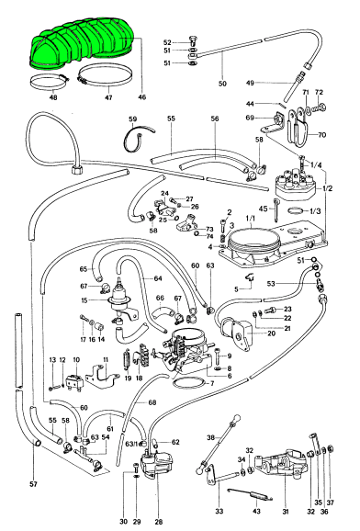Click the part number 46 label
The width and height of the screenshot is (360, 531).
pos(142,97)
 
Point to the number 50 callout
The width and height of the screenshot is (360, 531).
pos(222,84)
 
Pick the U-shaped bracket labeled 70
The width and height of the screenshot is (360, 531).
pos(299,126)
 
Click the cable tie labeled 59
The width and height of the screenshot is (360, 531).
pos(137,139)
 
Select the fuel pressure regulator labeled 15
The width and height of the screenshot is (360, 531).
pos(121,298)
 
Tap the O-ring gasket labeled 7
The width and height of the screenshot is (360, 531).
pos(189,383)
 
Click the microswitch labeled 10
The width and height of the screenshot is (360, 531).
pos(74,383)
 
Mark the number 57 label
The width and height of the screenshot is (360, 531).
pos(33,484)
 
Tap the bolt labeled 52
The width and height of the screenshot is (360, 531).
pos(192,40)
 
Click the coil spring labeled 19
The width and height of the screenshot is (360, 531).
pos(128,358)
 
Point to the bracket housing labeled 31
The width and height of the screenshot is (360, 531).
pos(281,465)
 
